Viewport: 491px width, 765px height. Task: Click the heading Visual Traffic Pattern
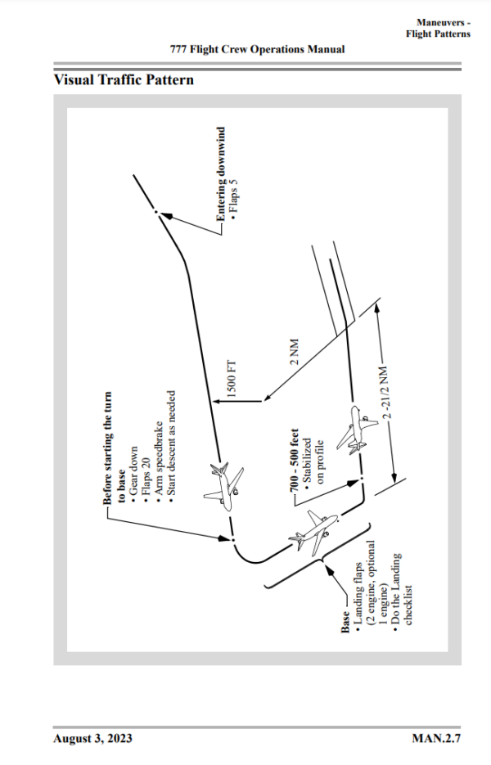click(124, 80)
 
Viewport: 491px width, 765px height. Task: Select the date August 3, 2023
click(92, 739)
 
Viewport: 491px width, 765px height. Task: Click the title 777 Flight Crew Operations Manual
click(257, 49)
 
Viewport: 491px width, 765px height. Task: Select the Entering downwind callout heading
click(220, 173)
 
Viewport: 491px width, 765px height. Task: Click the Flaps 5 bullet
click(233, 203)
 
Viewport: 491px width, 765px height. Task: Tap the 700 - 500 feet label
click(293, 460)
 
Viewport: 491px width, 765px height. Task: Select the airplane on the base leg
click(312, 532)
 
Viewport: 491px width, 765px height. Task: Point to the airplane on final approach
click(358, 429)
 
